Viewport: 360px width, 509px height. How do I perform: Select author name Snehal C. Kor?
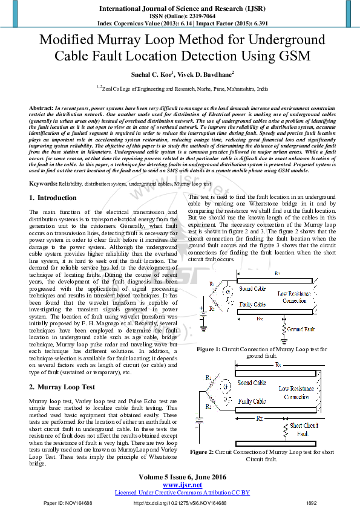[151, 74]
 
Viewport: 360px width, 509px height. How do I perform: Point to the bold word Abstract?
[41, 107]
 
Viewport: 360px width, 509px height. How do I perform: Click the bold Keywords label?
[44, 183]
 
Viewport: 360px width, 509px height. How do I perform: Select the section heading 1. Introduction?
[53, 198]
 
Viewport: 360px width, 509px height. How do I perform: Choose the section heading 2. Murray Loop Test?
[62, 386]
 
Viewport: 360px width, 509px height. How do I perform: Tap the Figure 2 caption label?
[202, 452]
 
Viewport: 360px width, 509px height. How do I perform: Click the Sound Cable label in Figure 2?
[252, 383]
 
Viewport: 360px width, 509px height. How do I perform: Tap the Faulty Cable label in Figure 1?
[252, 305]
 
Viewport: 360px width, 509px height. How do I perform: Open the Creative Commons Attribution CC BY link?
[182, 493]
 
